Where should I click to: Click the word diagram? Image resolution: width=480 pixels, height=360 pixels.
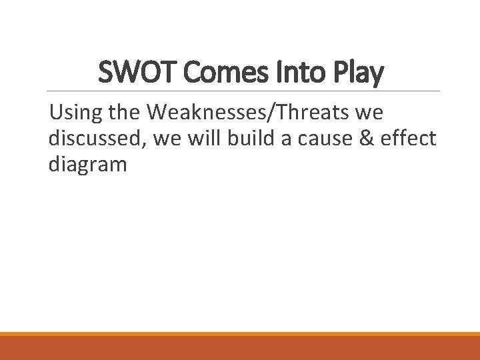click(87, 165)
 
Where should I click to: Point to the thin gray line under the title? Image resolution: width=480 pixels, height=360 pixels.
click(240, 91)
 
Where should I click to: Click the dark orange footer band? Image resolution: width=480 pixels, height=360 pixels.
click(240, 349)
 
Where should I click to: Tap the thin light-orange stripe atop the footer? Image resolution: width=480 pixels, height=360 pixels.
click(240, 334)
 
